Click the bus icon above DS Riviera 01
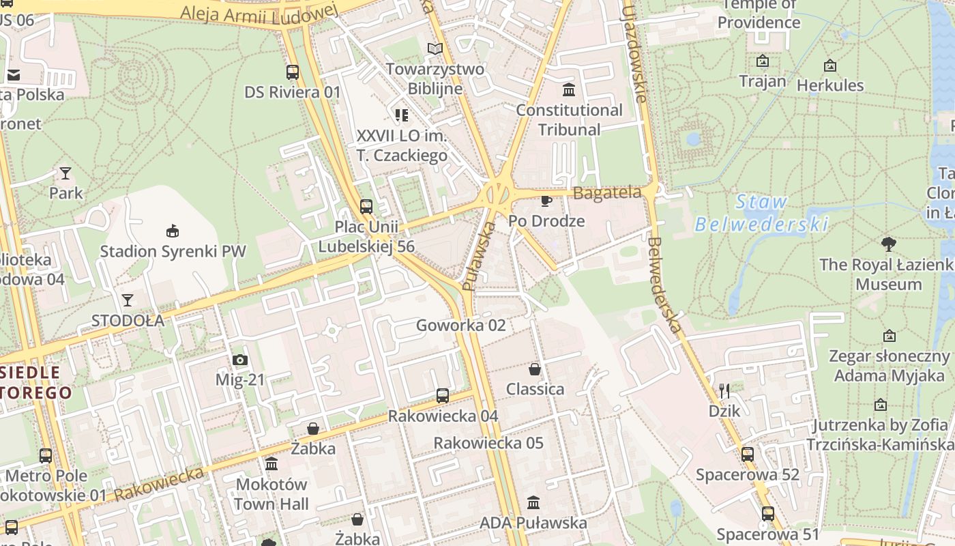click(293, 72)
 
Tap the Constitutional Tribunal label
click(569, 119)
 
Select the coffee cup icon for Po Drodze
click(546, 200)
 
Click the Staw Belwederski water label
click(761, 213)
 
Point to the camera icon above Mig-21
click(240, 360)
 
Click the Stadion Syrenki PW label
click(173, 251)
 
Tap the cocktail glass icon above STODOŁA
click(128, 300)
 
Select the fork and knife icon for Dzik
click(724, 391)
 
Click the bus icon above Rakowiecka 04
click(443, 395)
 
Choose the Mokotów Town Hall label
click(271, 494)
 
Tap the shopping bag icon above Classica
click(535, 369)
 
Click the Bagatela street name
click(607, 193)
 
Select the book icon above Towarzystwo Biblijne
click(435, 48)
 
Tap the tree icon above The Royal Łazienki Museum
click(888, 244)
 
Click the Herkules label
click(830, 85)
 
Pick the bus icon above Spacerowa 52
click(748, 454)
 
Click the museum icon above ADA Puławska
click(533, 502)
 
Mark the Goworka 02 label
click(461, 325)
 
